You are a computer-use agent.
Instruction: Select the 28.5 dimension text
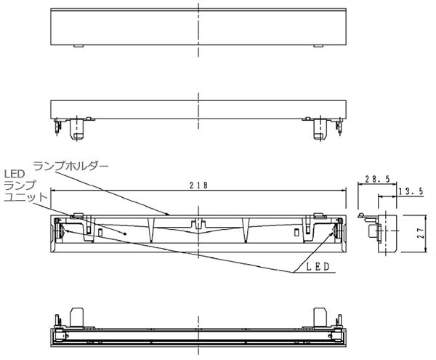pos(374,178)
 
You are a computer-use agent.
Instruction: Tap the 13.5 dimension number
pos(411,193)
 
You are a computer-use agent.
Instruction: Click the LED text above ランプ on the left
pos(15,174)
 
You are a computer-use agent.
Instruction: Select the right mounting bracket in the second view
pos(320,129)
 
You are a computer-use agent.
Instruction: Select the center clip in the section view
pos(198,221)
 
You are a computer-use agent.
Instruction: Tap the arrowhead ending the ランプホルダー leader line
pos(171,215)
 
